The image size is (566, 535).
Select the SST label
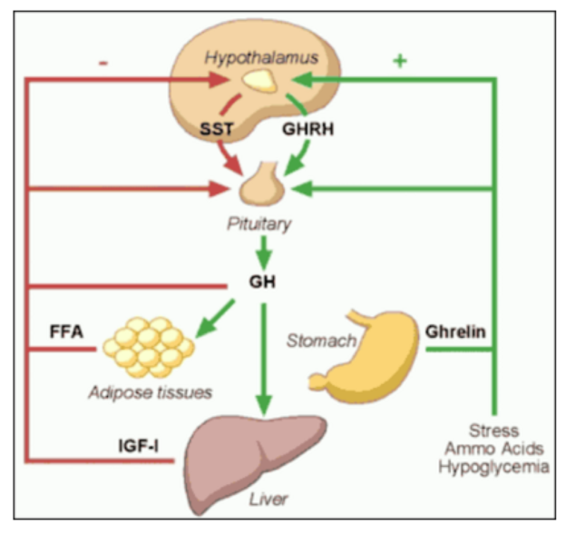pos(217,130)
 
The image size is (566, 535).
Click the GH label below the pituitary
pos(262,281)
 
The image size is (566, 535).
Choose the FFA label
pos(66,331)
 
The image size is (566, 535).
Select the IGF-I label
pos(139,446)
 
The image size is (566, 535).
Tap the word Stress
pos(493,430)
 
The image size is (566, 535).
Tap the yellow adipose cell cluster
pos(149,345)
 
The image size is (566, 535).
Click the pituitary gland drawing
pos(263,184)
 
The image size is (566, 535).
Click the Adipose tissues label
pos(151,392)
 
